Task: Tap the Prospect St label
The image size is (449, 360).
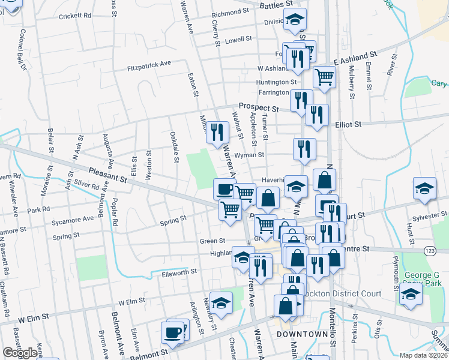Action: point(259,107)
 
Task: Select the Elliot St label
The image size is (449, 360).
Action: point(348,124)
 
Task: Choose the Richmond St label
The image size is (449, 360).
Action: point(229,12)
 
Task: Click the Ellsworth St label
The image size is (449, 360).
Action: point(179,272)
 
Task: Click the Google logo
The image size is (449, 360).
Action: point(20,353)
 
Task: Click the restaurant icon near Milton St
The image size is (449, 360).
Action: point(217,131)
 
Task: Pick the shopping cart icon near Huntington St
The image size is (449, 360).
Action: point(324,76)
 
